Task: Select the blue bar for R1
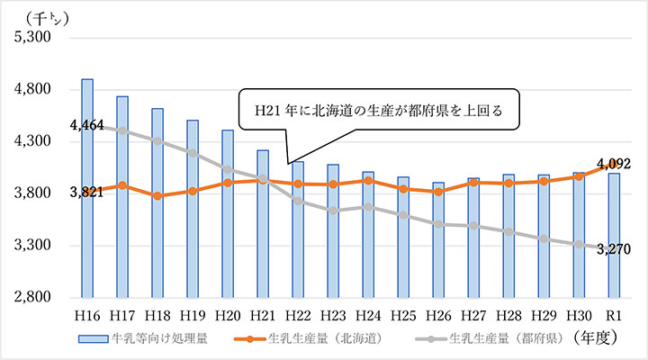614,234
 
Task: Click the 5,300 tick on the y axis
32,39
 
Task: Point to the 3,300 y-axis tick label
32,246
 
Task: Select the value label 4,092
620,165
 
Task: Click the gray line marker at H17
122,130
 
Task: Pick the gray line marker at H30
579,244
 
